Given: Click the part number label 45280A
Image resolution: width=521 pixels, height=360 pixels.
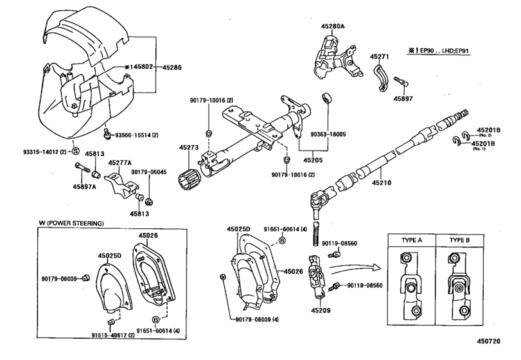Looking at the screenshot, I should [333, 26].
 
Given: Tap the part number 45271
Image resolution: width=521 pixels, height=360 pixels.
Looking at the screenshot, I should [380, 57].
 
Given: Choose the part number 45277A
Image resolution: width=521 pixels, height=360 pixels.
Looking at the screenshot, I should [119, 163].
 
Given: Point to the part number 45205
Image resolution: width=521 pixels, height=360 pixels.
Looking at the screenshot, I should [313, 159].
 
